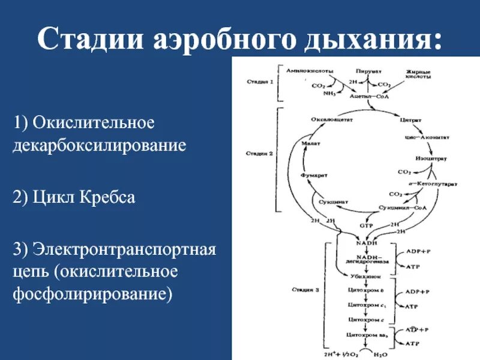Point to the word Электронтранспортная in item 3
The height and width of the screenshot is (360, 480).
coord(124,248)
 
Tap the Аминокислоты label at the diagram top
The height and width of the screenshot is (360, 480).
coord(309,71)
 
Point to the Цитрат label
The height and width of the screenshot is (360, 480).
coord(407,120)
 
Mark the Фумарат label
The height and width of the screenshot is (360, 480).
coord(313,175)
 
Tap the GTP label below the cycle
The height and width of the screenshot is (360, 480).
coord(366,226)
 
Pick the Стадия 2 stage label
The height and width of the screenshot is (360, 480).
coord(259,154)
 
